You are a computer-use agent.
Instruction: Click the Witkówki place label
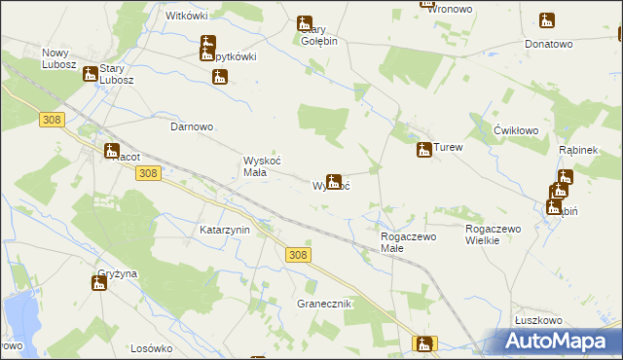click(188, 18)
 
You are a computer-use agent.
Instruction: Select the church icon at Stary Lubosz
click(91, 73)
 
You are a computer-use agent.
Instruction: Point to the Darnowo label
click(192, 127)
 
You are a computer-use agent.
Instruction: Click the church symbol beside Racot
click(110, 151)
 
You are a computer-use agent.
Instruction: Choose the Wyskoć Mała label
click(261, 167)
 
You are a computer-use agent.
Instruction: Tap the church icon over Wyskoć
click(334, 181)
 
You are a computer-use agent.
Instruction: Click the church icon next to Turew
click(423, 150)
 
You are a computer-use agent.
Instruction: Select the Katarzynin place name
click(225, 231)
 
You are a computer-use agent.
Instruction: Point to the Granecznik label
click(323, 305)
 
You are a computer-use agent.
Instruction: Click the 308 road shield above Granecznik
click(299, 255)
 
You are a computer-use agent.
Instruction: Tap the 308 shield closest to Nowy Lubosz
click(53, 119)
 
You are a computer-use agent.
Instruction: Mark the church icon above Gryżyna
click(98, 284)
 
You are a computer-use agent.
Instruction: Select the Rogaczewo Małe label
click(406, 241)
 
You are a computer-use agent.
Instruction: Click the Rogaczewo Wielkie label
click(495, 234)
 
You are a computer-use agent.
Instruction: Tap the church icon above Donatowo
click(548, 20)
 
